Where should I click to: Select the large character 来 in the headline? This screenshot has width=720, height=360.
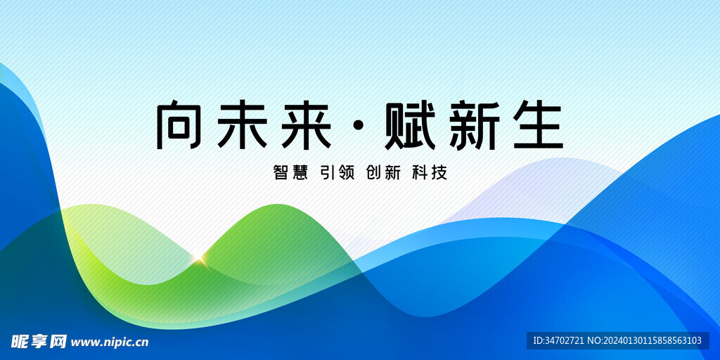[x=307, y=125]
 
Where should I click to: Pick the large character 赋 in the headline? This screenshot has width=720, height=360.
[x=410, y=125]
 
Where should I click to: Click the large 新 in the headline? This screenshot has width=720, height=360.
[x=475, y=125]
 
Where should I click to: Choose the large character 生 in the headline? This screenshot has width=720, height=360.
[x=538, y=125]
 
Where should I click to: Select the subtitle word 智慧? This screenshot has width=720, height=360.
[x=290, y=173]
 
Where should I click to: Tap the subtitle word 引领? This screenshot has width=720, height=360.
[x=337, y=173]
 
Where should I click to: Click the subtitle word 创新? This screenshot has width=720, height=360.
[x=383, y=173]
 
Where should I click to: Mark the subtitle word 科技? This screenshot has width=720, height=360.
[x=430, y=173]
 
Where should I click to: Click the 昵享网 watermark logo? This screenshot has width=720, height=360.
[x=39, y=342]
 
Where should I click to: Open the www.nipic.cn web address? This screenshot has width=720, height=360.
[x=110, y=342]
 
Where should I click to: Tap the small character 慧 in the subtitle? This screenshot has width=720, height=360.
[x=300, y=173]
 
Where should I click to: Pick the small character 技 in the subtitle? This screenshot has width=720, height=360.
[x=439, y=173]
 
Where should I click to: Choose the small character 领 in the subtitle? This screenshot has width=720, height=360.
[x=347, y=173]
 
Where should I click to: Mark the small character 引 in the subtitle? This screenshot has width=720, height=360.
[x=328, y=173]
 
